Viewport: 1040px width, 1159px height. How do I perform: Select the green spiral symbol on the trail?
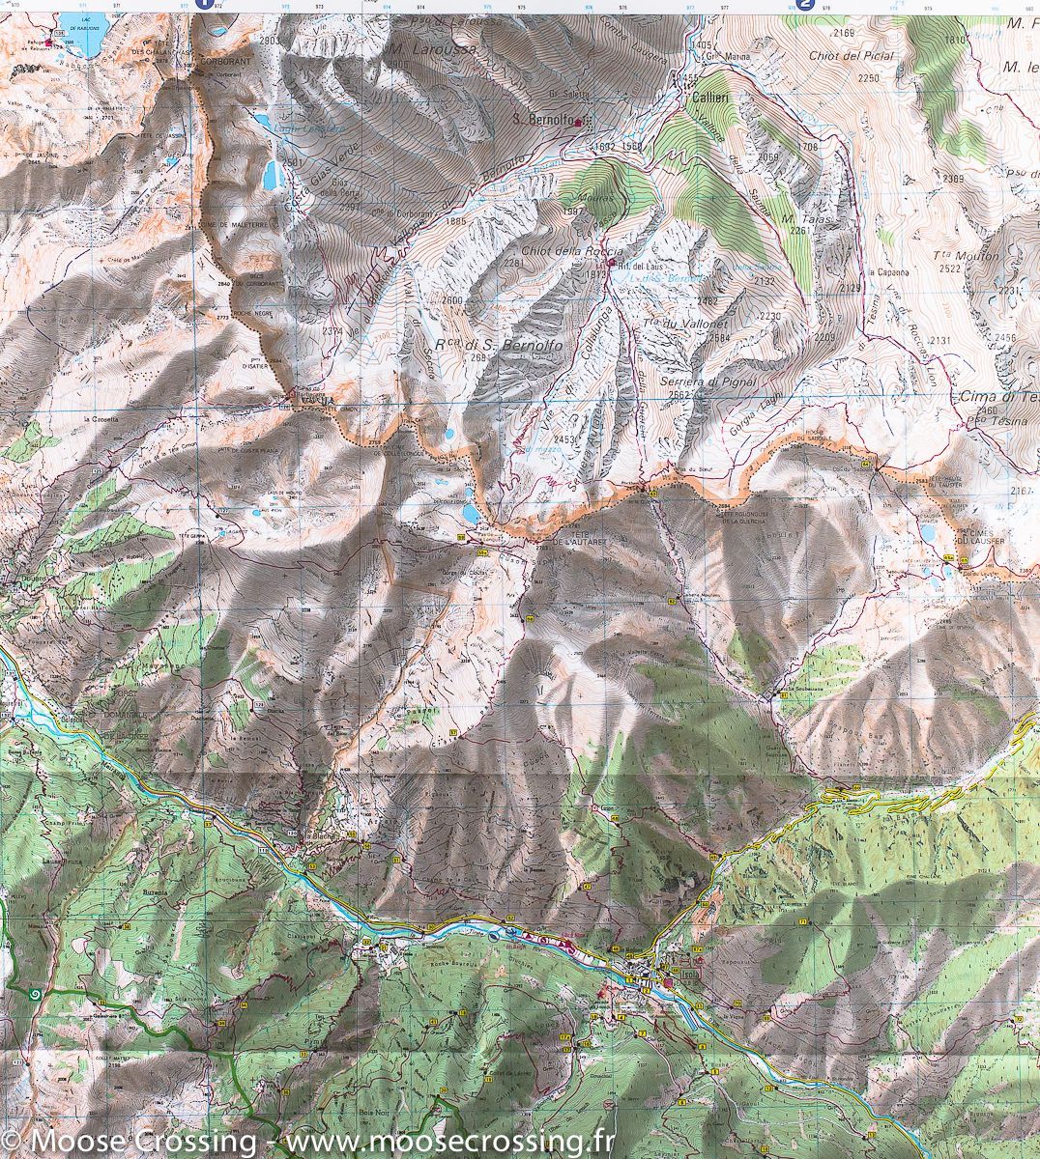point(36,992)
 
